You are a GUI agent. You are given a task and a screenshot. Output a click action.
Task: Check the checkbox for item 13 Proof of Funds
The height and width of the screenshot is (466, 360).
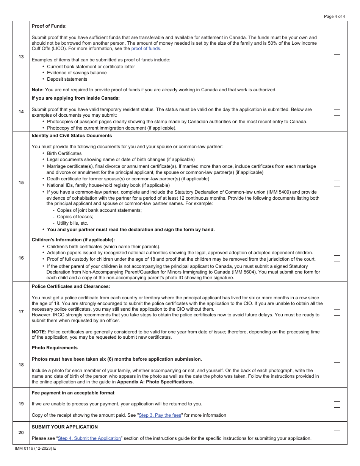pos(337,57)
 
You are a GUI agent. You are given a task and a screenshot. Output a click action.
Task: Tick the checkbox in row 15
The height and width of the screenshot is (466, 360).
pos(337,183)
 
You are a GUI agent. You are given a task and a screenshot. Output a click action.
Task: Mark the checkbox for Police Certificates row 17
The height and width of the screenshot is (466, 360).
pos(337,312)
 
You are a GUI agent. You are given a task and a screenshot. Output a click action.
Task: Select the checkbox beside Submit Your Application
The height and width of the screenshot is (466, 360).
pos(337,433)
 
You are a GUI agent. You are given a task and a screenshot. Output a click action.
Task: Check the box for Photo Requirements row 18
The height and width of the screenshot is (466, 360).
pos(337,365)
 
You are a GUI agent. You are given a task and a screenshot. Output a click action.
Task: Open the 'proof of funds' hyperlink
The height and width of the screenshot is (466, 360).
pos(146,48)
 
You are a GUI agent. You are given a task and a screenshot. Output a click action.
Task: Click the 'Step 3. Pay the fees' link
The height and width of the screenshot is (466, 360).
pos(160,415)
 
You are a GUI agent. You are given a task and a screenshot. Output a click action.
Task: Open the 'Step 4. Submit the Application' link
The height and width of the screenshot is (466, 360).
pos(89,438)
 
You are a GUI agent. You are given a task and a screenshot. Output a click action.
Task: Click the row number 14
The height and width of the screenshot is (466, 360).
pos(21,112)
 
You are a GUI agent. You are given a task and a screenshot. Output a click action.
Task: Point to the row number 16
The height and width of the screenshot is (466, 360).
pos(21,258)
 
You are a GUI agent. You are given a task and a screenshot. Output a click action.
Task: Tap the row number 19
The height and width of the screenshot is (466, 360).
pos(21,404)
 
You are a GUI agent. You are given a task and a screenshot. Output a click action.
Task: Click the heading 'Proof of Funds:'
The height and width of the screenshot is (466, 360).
pos(49,26)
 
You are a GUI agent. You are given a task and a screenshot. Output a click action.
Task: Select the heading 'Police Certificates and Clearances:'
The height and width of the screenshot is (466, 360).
pos(71,286)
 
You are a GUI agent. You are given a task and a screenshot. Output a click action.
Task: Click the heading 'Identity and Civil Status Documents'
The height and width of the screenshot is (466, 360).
pos(72,136)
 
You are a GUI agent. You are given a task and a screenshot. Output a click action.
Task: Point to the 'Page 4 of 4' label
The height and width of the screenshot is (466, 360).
pos(335,16)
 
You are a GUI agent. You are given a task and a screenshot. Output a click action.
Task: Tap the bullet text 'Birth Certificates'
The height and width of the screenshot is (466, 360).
pos(64,153)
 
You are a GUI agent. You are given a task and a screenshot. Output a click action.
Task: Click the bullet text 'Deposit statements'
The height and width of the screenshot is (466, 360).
pos(67,79)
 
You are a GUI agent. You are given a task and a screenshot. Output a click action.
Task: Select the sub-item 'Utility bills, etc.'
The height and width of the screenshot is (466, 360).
pos(72,223)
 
